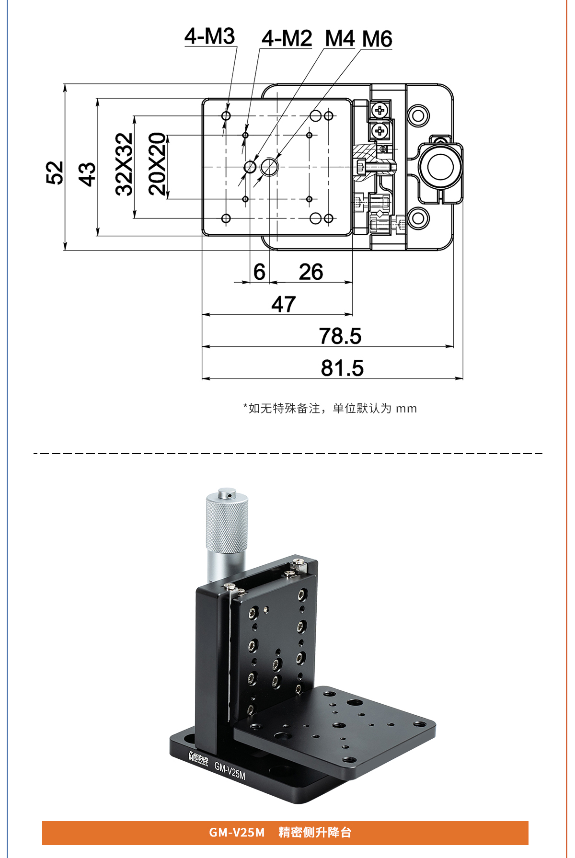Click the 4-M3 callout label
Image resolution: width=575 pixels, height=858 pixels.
210,37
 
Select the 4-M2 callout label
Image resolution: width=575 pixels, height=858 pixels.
287,38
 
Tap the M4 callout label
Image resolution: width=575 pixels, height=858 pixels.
339,38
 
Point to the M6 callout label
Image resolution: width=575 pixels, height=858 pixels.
377,39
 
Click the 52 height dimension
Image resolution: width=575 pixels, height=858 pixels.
55,172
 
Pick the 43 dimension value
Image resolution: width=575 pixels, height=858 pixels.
87,173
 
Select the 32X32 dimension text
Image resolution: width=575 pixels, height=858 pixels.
125,164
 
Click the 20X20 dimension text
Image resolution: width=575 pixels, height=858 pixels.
158,164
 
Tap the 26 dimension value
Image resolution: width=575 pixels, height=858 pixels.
311,272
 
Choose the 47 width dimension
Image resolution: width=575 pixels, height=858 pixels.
283,304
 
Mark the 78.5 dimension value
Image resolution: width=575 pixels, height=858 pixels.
340,336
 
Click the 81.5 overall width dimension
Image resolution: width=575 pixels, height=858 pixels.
342,368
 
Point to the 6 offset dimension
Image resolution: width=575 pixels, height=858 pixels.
259,272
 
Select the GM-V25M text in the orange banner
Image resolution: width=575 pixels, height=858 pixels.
237,833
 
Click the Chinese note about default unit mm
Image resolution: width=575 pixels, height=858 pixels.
330,408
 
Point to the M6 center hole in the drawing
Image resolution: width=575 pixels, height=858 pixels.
270,167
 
